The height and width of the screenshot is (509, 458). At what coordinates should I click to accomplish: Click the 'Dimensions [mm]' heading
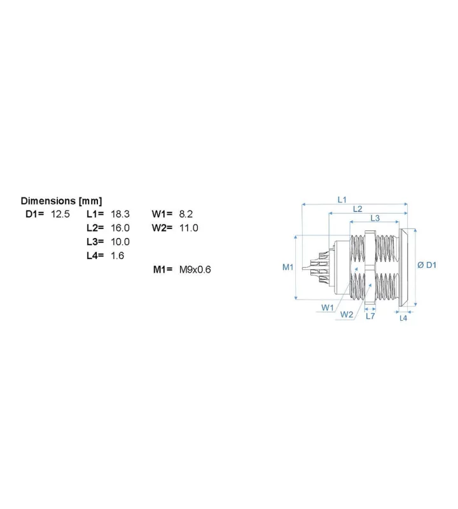tap(61, 201)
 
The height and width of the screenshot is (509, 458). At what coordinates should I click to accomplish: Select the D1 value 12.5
tap(60, 214)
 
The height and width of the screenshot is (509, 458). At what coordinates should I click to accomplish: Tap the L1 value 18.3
tap(120, 214)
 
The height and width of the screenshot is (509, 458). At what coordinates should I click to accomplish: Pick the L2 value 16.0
tap(120, 228)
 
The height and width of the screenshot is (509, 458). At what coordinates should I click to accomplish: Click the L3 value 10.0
tap(120, 242)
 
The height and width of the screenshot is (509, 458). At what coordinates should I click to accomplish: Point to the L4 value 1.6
tap(118, 256)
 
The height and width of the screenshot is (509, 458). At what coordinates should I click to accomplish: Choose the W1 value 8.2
tap(186, 214)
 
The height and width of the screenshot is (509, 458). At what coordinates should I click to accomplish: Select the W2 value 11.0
tap(188, 228)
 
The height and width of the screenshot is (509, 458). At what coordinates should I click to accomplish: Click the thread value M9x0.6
tap(195, 269)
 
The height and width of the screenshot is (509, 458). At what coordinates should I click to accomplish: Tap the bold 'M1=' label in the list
tap(163, 269)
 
